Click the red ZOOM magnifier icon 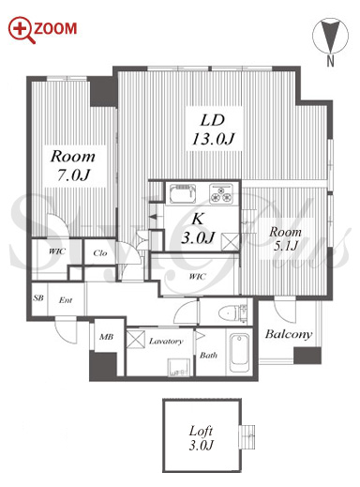pyautogui.click(x=21, y=29)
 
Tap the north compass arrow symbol pyautogui.click(x=330, y=36)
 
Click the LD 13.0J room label pyautogui.click(x=213, y=129)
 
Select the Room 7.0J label pyautogui.click(x=72, y=165)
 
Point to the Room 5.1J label pyautogui.click(x=285, y=239)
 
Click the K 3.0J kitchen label pyautogui.click(x=198, y=228)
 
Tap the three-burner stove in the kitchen pyautogui.click(x=221, y=193)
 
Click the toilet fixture pyautogui.click(x=232, y=312)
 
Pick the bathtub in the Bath pyautogui.click(x=239, y=353)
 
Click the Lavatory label pyautogui.click(x=166, y=341)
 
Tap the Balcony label pyautogui.click(x=289, y=334)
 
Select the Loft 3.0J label pyautogui.click(x=201, y=438)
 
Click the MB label pyautogui.click(x=106, y=337)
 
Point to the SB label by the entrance pyautogui.click(x=38, y=297)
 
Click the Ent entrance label pyautogui.click(x=66, y=300)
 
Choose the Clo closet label pyautogui.click(x=100, y=252)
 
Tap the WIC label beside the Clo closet pyautogui.click(x=57, y=251)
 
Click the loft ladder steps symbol pyautogui.click(x=247, y=436)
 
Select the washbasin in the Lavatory pyautogui.click(x=179, y=367)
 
